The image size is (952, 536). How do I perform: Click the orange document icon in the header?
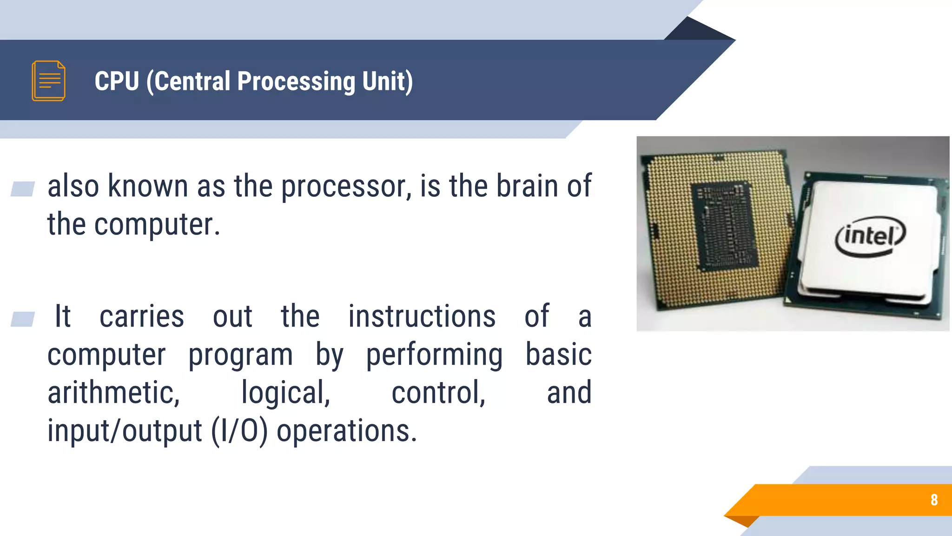(x=48, y=80)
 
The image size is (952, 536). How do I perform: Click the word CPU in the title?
(x=117, y=81)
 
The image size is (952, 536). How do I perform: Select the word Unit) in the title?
(x=387, y=82)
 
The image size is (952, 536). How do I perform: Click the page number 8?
(x=934, y=500)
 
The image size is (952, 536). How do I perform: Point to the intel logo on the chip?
(x=870, y=236)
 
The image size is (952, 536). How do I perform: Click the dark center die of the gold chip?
(x=725, y=226)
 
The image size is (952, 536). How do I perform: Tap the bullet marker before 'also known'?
(x=22, y=189)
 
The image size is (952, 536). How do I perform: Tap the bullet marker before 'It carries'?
(x=22, y=319)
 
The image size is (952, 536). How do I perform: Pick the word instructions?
(x=422, y=317)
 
